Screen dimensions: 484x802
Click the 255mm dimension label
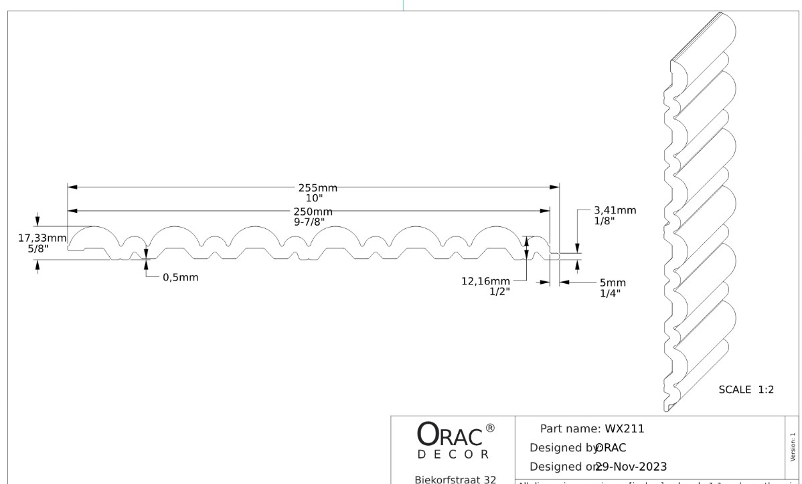[x=317, y=188]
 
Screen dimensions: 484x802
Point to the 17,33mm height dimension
[x=42, y=238]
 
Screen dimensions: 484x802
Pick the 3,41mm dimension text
[x=615, y=211]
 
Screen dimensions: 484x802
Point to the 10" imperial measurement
[x=315, y=198]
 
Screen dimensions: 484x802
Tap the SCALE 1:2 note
[x=746, y=390]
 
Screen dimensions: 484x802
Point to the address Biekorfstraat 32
[x=455, y=479]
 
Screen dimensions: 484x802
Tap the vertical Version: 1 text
[x=793, y=447]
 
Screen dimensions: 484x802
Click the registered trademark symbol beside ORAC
[x=490, y=428]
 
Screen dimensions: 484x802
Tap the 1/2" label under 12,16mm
[x=499, y=291]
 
